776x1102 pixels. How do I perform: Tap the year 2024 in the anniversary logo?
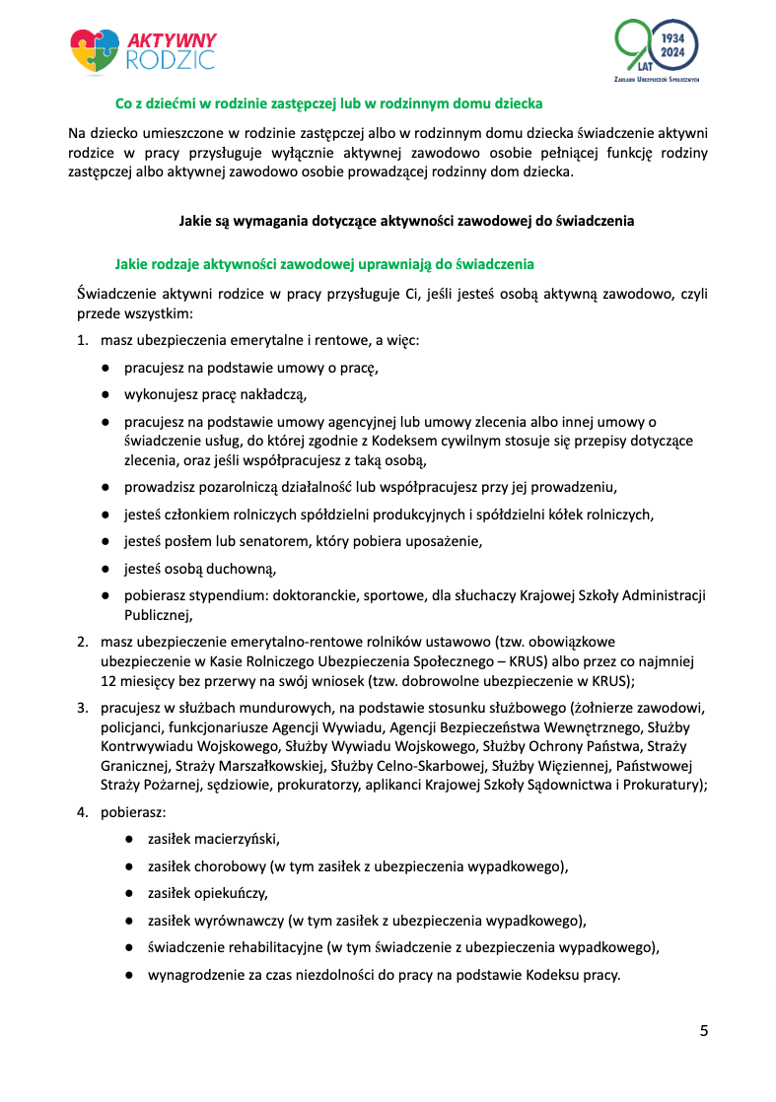coord(673,51)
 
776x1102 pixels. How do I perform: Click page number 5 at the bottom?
coord(703,1031)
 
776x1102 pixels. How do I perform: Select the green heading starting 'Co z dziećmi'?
coord(329,103)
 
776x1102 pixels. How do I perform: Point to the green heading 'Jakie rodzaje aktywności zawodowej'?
coord(324,264)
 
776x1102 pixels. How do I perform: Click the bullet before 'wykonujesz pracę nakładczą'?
coord(104,395)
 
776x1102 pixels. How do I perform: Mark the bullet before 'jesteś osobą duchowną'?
coord(104,569)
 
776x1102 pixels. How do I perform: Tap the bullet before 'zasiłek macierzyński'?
coord(129,840)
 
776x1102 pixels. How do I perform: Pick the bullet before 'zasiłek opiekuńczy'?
coord(129,894)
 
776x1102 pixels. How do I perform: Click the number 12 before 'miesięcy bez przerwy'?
coord(108,680)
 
